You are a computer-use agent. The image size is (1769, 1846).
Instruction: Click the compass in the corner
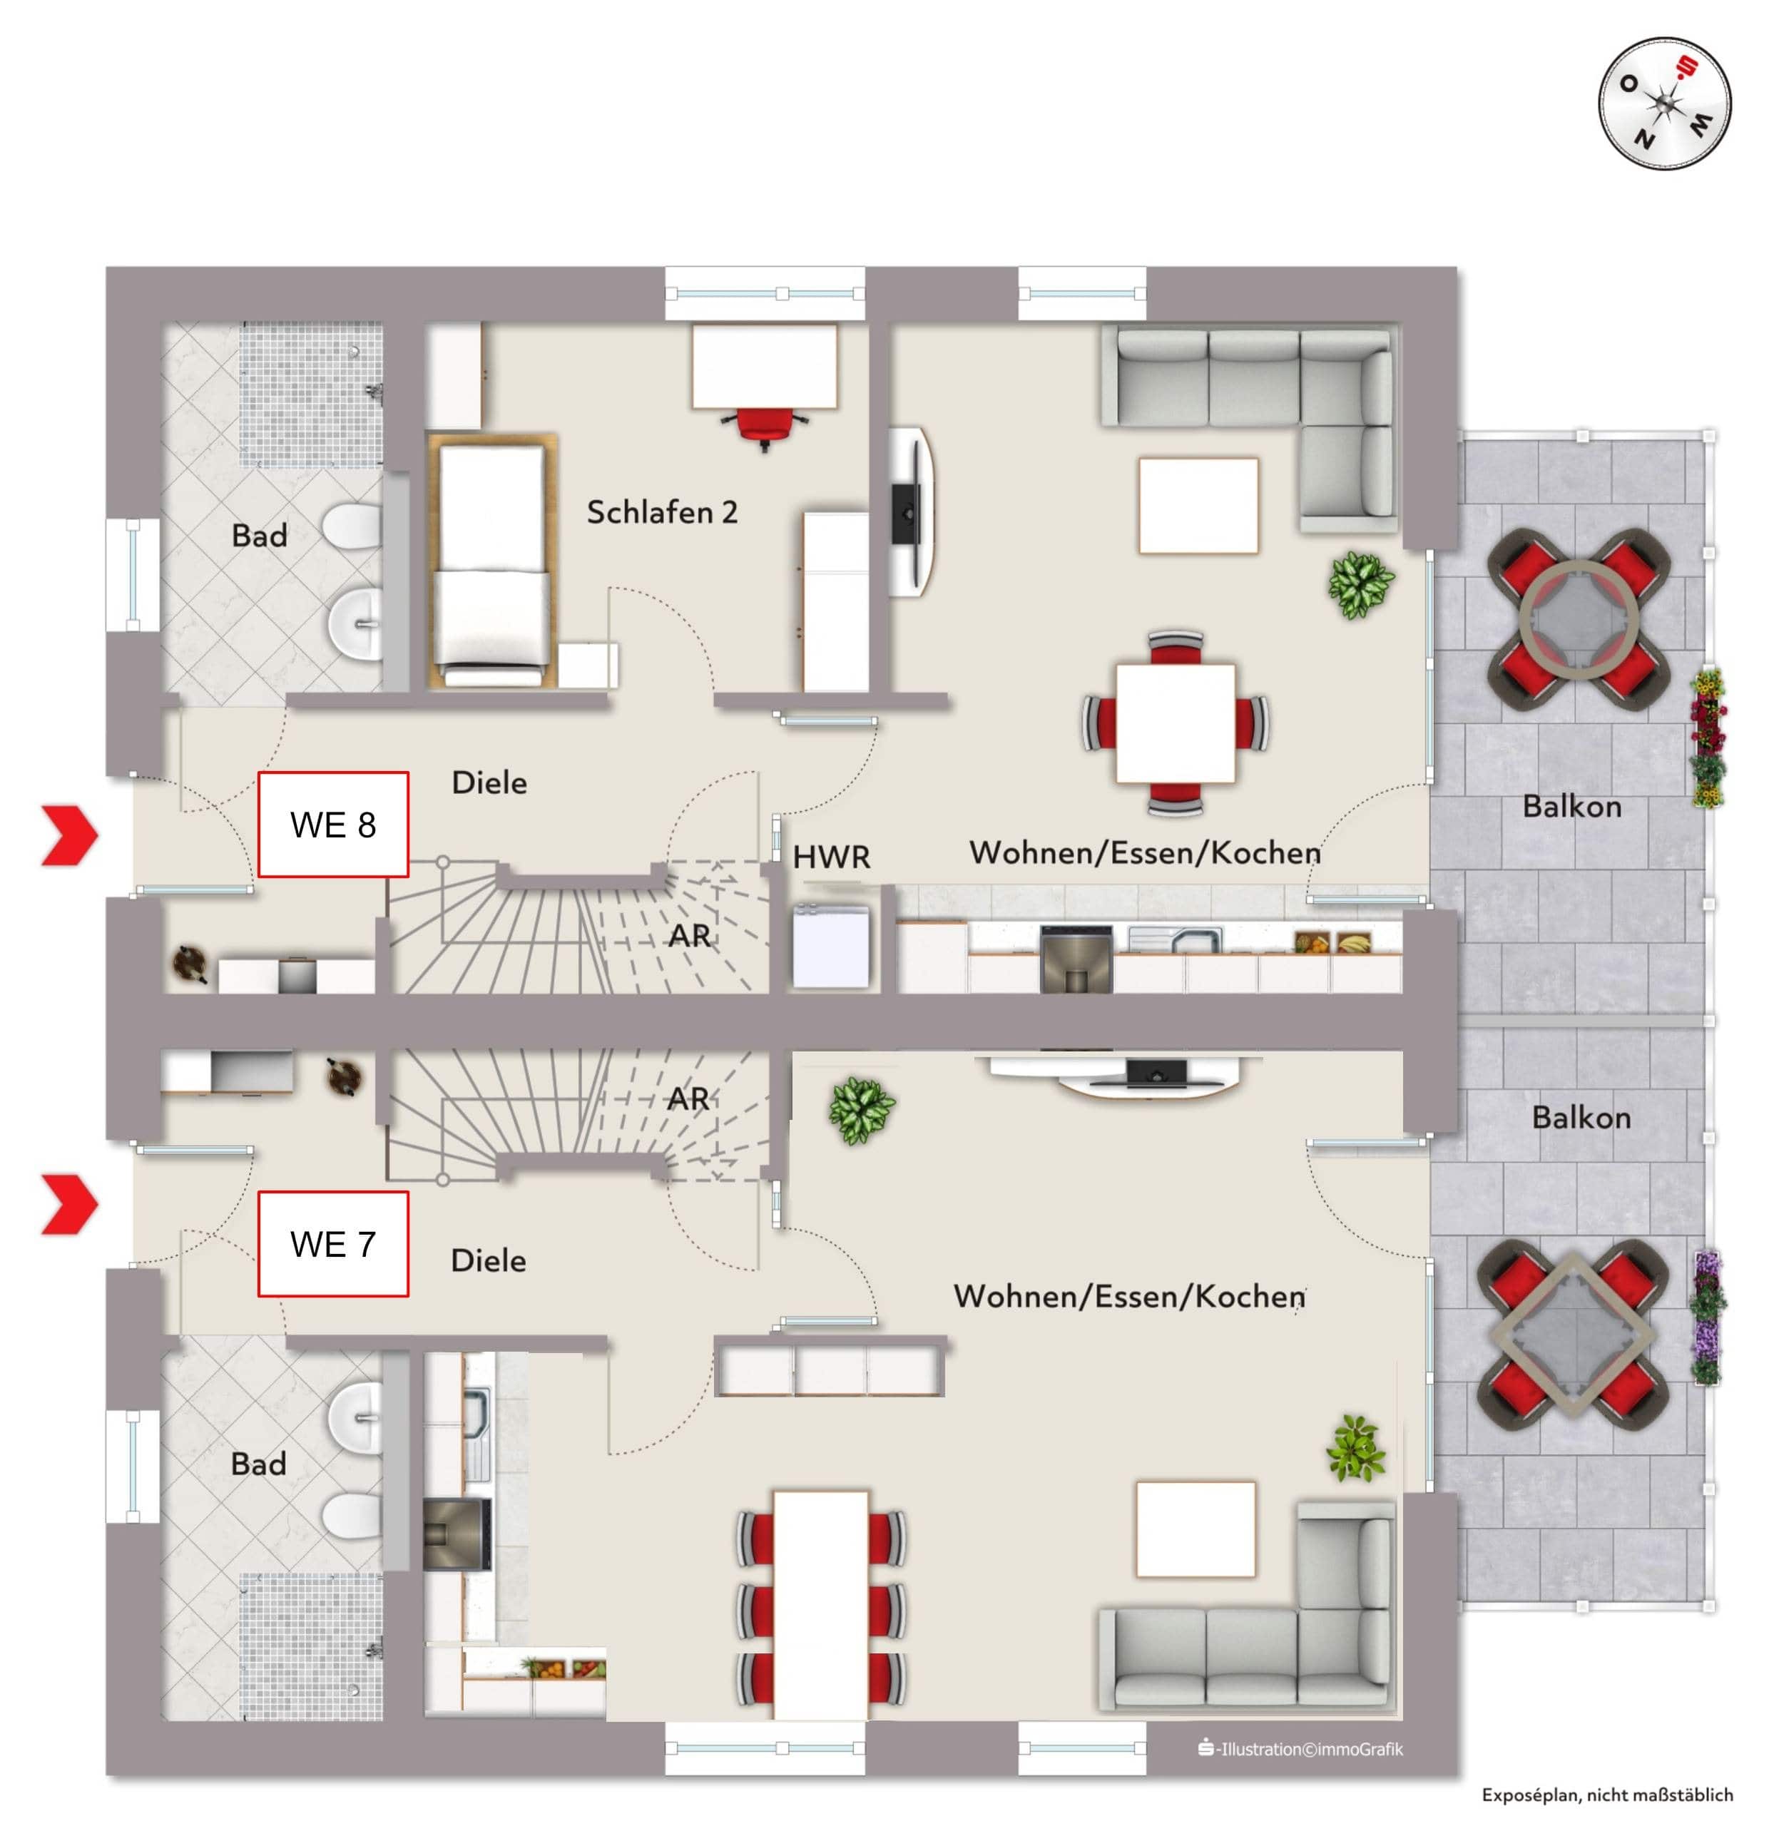1663,103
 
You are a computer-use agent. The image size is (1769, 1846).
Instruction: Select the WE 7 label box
332,1243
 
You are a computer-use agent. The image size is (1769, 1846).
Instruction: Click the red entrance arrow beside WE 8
70,835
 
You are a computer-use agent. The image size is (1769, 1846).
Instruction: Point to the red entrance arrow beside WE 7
70,1203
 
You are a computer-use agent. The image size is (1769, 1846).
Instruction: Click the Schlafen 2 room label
661,511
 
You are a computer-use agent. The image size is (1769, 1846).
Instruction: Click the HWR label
831,857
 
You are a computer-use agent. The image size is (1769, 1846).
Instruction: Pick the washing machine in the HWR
830,944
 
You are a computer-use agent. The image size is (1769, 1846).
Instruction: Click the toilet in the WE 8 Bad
352,526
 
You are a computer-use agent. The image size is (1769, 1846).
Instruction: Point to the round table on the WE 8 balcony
1579,620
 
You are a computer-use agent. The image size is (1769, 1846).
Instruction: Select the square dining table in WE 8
1175,723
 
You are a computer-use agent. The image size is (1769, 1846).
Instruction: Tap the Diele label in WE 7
488,1260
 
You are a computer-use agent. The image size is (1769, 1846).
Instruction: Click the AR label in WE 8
690,935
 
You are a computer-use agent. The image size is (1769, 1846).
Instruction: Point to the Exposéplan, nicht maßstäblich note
1607,1794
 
